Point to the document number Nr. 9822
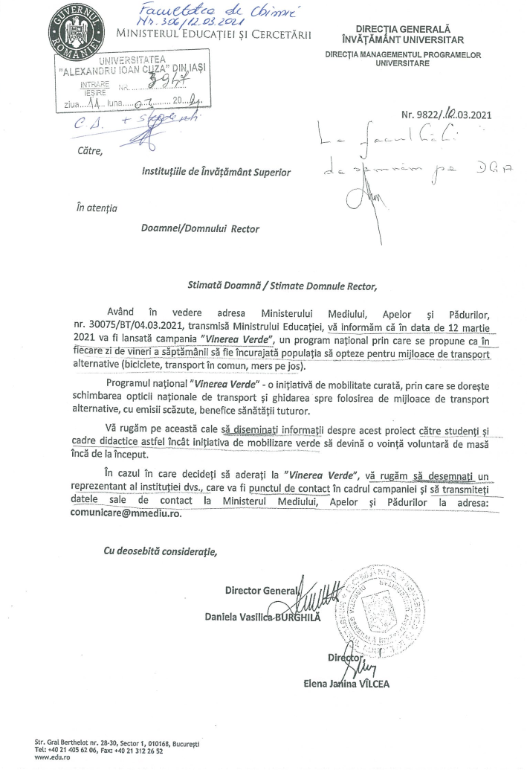[441, 115]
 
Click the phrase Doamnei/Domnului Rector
[200, 228]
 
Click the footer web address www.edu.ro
[48, 758]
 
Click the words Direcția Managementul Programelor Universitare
[413, 60]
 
